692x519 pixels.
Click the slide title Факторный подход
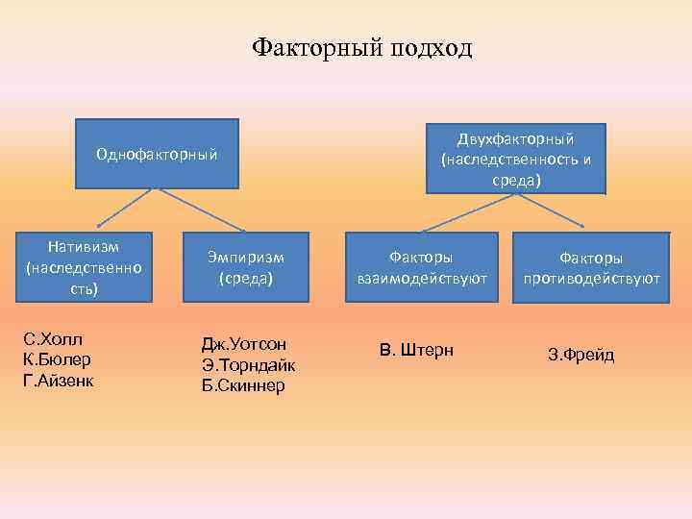[361, 48]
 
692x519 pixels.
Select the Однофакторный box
[156, 153]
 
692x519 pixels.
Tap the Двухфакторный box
[516, 158]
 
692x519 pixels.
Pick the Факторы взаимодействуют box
[421, 267]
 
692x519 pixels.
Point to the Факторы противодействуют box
[591, 268]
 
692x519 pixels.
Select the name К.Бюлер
[58, 360]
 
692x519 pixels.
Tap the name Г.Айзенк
[60, 381]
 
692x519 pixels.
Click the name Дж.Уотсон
[244, 344]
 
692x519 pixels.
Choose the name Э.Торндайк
[248, 365]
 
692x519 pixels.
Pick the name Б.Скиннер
[244, 386]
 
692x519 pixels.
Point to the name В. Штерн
[416, 349]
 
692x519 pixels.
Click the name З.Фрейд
[581, 356]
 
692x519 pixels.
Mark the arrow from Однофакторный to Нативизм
[124, 208]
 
